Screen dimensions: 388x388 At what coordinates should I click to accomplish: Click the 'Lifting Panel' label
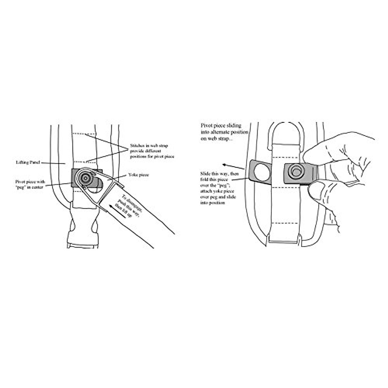[x=27, y=162]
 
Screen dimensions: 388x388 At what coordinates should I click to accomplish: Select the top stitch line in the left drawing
[x=84, y=134]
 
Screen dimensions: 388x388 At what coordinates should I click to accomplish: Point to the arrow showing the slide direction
[x=232, y=165]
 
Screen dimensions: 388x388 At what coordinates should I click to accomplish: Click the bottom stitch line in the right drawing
[x=285, y=223]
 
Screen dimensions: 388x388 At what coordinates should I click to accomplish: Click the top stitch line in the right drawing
[x=285, y=157]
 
